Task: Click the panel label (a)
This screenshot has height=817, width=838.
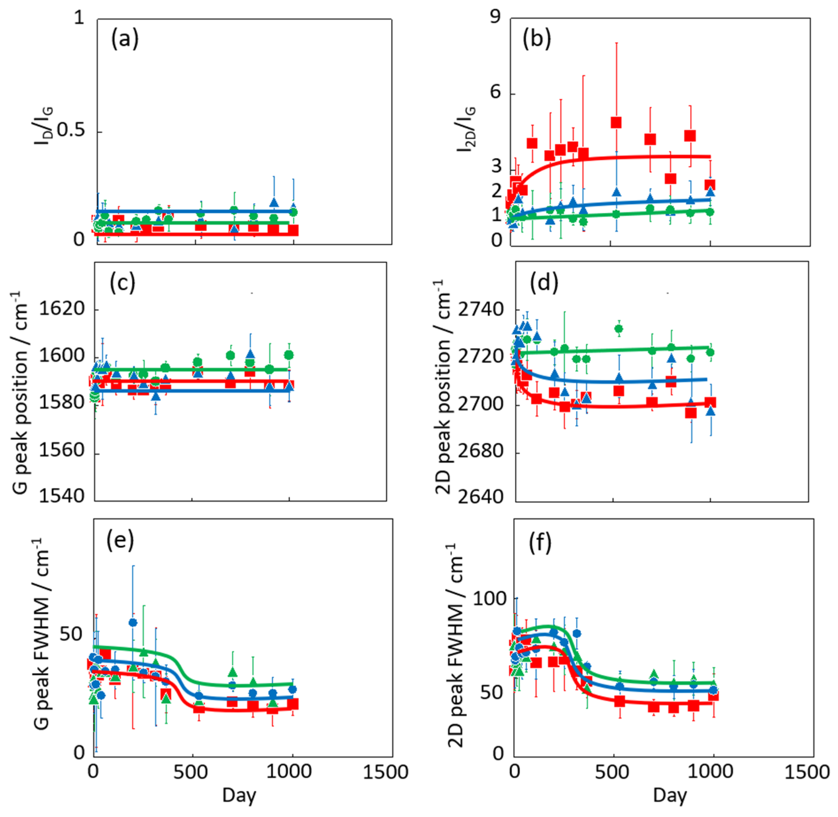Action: pos(125,40)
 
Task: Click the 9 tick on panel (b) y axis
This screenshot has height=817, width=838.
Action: pos(496,18)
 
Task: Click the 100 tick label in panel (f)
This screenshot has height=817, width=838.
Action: pos(490,599)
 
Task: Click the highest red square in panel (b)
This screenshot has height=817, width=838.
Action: pos(616,123)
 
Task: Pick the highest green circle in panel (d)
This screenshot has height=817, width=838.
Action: pos(618,329)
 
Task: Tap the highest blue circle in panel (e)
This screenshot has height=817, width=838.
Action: pos(133,622)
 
